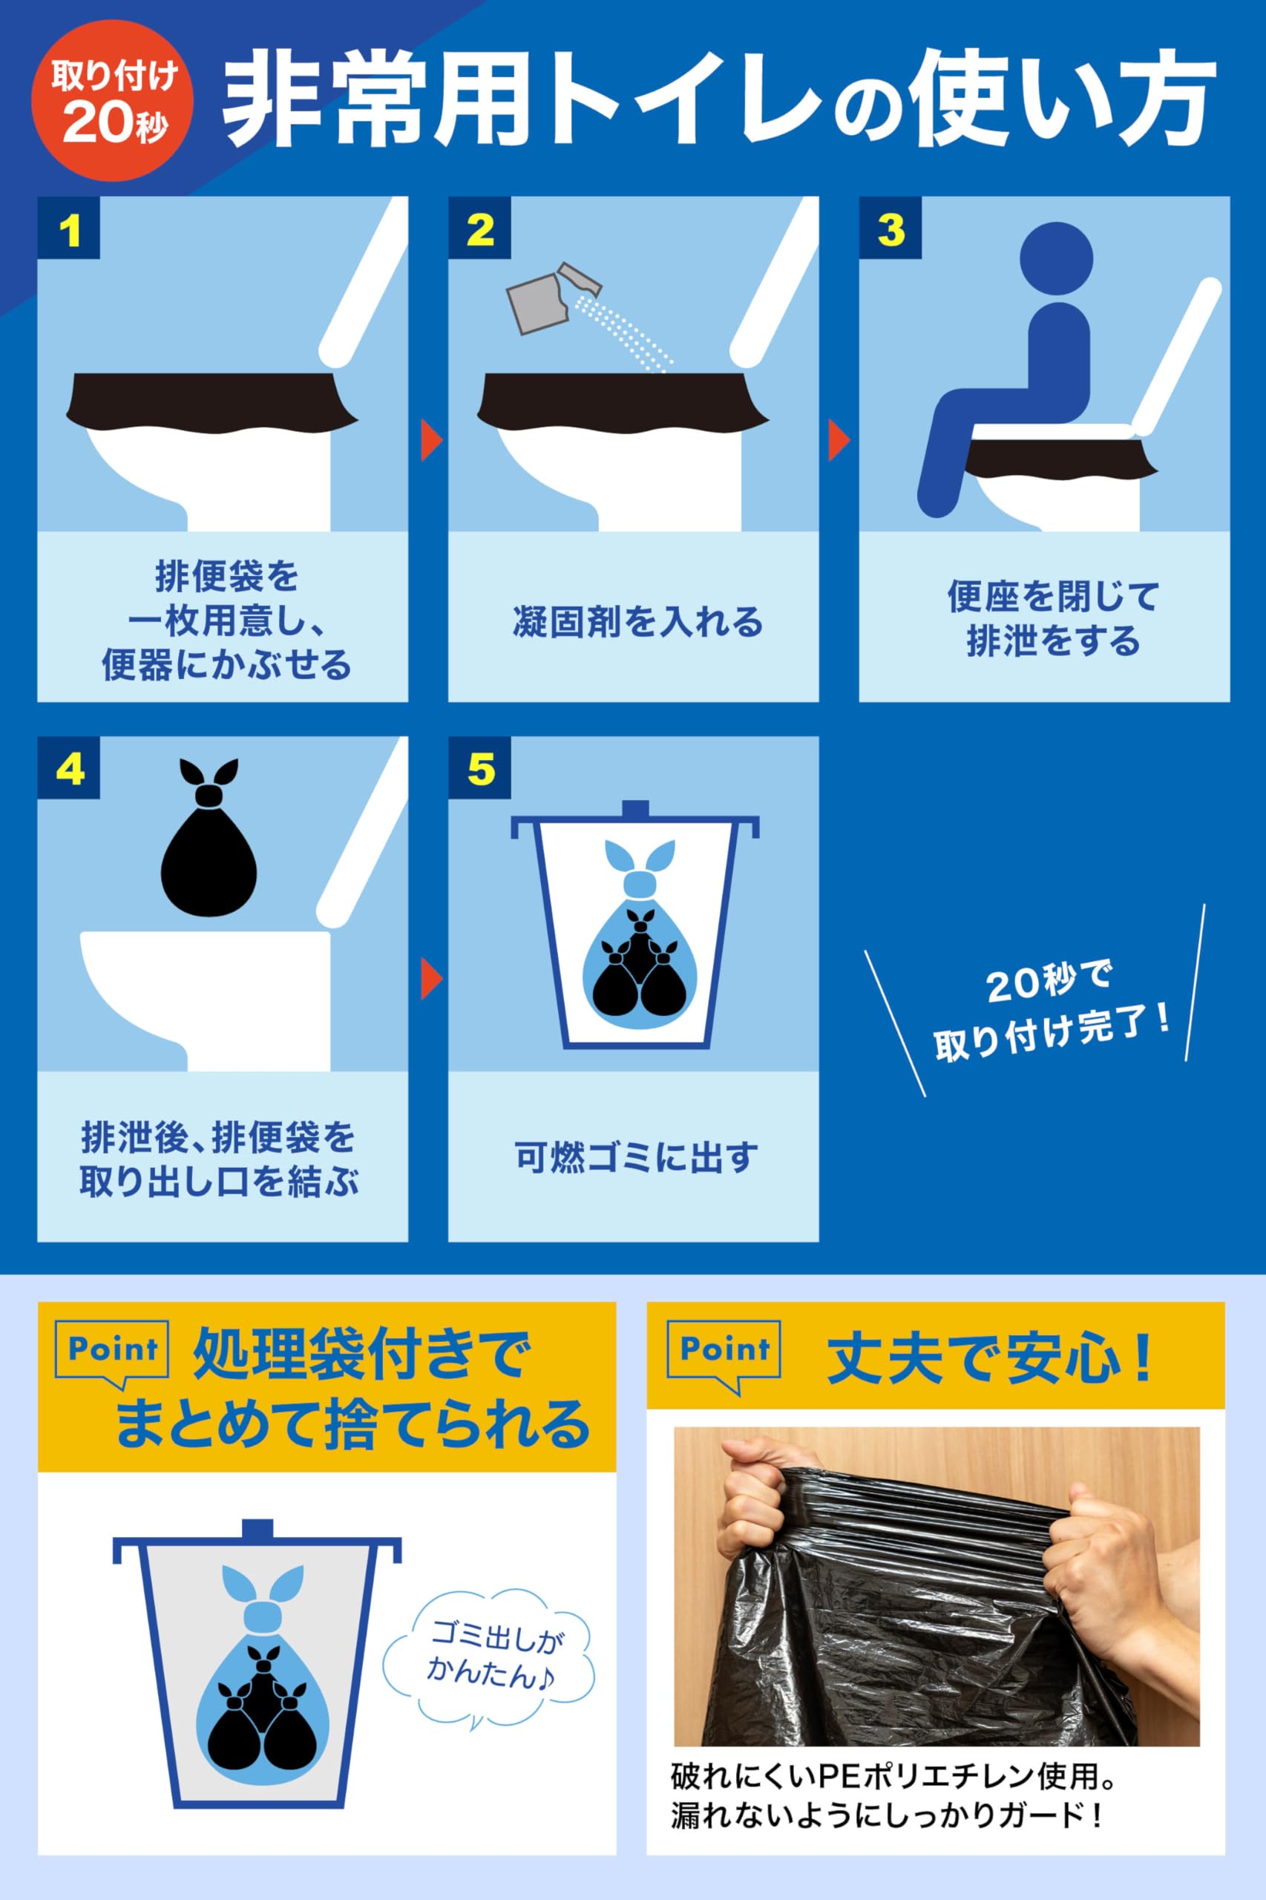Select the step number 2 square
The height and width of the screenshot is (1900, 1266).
479,228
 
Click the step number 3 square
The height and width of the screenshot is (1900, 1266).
890,228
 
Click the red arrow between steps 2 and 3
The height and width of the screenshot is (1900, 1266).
840,441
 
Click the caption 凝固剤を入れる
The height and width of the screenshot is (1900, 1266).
637,622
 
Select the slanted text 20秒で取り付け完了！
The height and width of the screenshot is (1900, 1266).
1052,1009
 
